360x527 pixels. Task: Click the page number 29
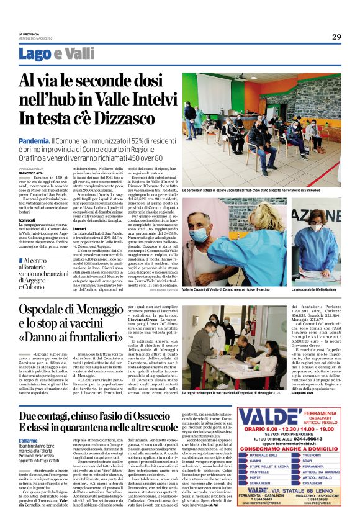click(336, 37)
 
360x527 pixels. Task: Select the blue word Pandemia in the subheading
click(34, 141)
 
